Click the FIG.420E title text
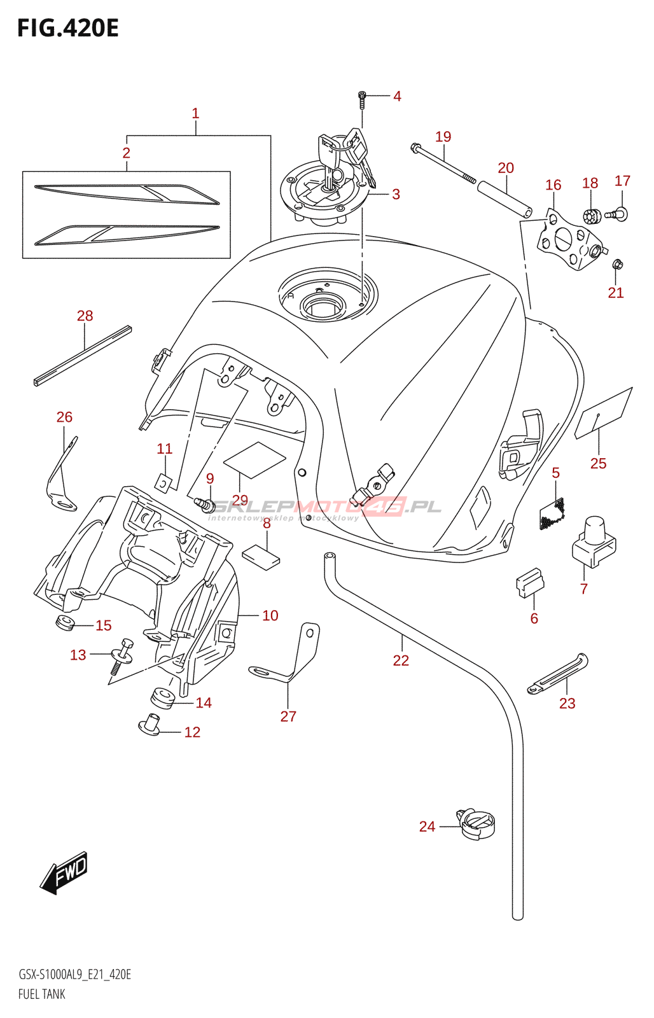67,29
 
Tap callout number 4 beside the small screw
397,96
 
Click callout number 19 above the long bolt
443,137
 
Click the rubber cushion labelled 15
65,623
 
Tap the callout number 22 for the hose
401,660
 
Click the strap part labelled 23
557,674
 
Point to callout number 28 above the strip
85,316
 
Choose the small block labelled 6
529,583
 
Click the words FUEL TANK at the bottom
42,994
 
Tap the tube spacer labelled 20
504,199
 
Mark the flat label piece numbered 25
603,413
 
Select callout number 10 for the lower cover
270,615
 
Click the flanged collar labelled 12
150,724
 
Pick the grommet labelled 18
591,216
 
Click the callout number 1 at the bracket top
195,113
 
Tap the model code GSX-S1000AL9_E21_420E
74,975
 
